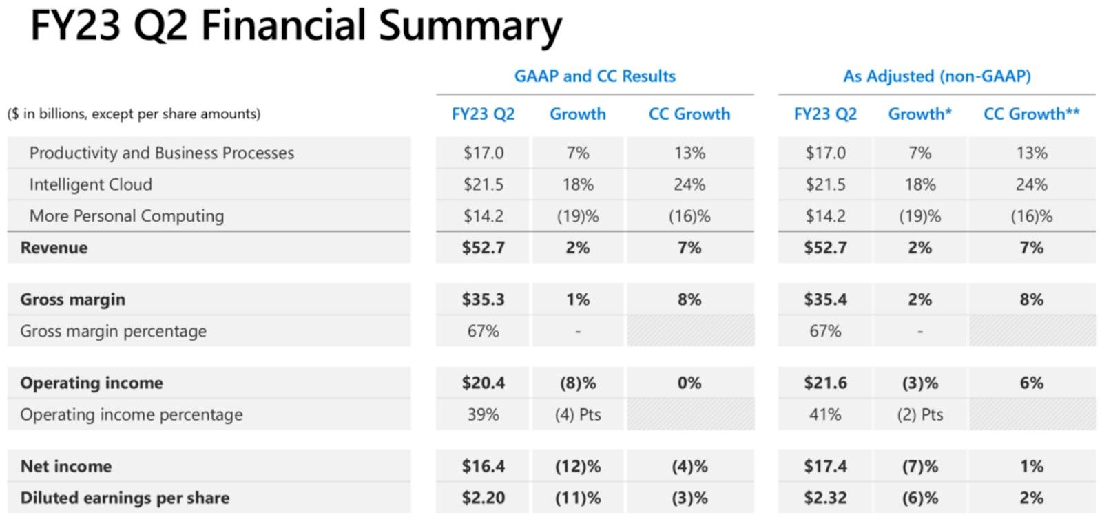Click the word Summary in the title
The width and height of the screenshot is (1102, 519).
(x=470, y=28)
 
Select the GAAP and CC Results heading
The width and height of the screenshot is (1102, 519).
(x=594, y=76)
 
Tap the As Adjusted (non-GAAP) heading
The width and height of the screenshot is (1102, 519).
(x=937, y=76)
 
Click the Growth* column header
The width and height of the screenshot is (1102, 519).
(x=919, y=114)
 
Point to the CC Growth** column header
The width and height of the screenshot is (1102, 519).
(x=1031, y=114)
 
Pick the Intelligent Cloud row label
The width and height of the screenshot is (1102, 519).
(x=90, y=184)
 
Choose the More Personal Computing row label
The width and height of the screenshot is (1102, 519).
(x=127, y=216)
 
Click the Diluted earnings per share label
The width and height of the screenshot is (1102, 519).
(x=125, y=498)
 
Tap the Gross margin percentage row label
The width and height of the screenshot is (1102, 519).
(x=113, y=331)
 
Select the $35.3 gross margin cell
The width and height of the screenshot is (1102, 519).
(x=483, y=299)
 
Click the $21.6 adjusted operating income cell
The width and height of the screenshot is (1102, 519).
(x=825, y=383)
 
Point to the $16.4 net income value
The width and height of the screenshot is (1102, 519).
(x=483, y=466)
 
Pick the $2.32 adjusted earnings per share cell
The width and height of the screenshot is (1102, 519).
(x=825, y=498)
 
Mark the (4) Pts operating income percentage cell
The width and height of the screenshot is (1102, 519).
(x=578, y=414)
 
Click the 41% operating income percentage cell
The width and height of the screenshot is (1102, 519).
(x=825, y=414)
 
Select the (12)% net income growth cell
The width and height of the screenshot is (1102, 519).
(x=578, y=466)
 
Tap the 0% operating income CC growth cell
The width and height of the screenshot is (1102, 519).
(x=689, y=383)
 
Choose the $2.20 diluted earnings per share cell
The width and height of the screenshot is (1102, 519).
(x=483, y=498)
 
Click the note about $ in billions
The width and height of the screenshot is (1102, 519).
(x=134, y=114)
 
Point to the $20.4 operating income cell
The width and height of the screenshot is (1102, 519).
(x=483, y=383)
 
